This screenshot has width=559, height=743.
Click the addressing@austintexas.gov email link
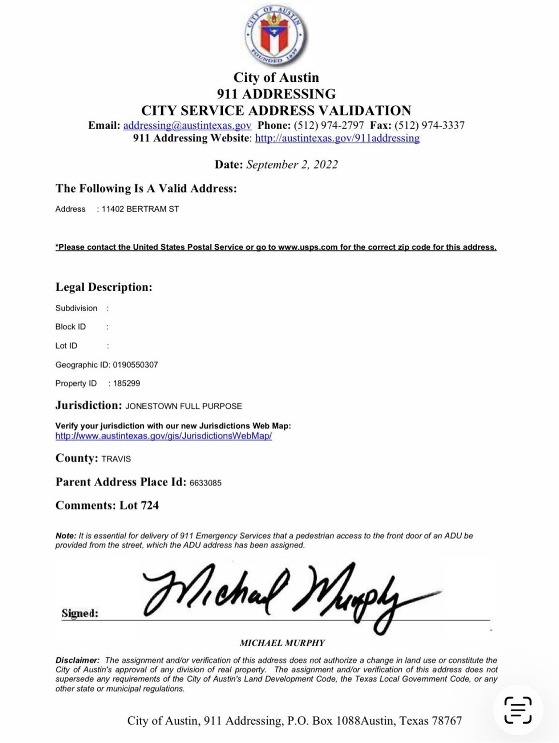[x=187, y=126]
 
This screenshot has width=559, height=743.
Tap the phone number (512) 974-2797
[x=329, y=126]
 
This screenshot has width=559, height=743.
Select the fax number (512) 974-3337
[x=429, y=126]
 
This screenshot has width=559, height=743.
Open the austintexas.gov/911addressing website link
[x=337, y=138]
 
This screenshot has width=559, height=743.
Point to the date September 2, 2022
[x=292, y=165]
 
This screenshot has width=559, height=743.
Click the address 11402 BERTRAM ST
[x=140, y=209]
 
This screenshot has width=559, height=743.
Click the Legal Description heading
[x=103, y=287]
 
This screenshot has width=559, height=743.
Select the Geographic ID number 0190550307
[x=135, y=365]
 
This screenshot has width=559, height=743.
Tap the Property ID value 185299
[x=127, y=384]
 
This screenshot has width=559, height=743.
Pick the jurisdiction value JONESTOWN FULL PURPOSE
[x=184, y=406]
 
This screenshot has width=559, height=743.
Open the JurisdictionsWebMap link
[x=163, y=436]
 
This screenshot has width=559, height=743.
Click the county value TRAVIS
[x=116, y=459]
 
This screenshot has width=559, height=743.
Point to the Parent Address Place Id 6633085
[x=206, y=483]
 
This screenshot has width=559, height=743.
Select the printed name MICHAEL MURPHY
[x=282, y=643]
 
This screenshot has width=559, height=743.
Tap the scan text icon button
[x=518, y=710]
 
